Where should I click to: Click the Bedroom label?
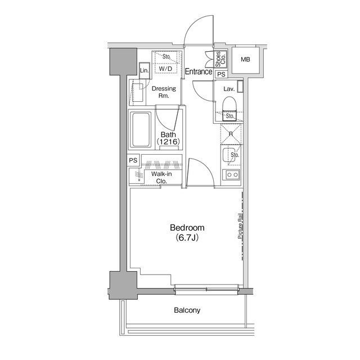point(187,228)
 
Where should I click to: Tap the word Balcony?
point(187,310)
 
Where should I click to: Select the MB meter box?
point(245,60)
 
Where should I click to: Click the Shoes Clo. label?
point(220,59)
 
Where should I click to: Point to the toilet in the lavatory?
point(229,109)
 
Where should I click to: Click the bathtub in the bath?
point(141,129)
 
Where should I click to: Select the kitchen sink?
point(228,155)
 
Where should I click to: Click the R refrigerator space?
point(231,134)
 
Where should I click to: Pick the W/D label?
point(165,69)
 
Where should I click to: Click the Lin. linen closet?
point(145,71)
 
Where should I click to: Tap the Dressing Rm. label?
point(164,92)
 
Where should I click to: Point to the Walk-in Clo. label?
point(161,178)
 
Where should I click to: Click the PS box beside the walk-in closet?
point(133,160)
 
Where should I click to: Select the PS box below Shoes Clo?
point(221,74)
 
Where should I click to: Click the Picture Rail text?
point(240,226)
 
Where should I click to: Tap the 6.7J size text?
point(187,237)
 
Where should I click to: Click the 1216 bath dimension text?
point(168,142)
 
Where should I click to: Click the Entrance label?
point(199,71)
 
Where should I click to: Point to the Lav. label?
point(229,89)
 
